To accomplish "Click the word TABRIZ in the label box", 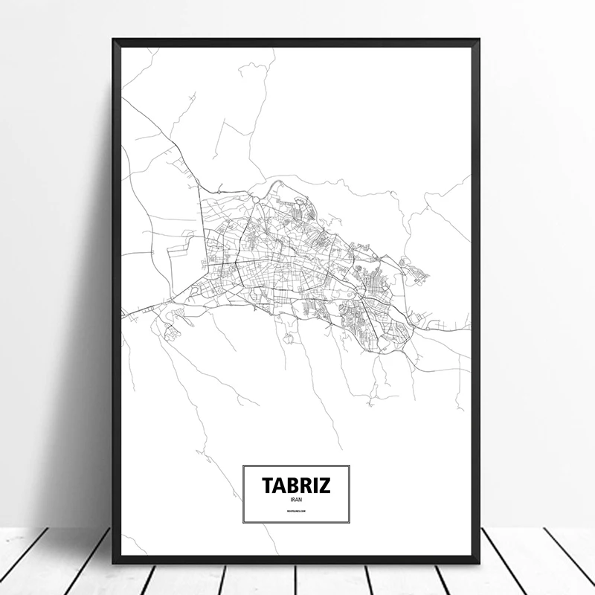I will pos(296,484).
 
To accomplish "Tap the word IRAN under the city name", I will pos(296,498).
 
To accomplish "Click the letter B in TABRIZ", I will pos(292,484).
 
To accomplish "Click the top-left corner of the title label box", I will pos(243,465).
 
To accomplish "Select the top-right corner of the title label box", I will pos(350,465).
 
